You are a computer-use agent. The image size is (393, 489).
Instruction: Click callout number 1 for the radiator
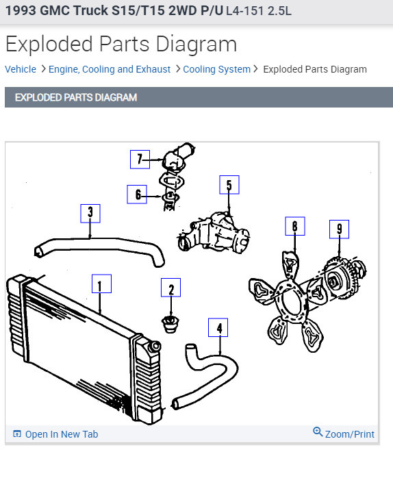[101, 284]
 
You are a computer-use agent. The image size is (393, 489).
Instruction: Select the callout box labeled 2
[170, 288]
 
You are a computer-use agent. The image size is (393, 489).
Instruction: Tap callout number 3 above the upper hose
[90, 213]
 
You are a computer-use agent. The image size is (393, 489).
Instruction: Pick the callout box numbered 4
[219, 329]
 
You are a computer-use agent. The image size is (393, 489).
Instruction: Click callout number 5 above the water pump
[229, 185]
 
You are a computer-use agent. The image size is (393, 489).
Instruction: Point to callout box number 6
[137, 195]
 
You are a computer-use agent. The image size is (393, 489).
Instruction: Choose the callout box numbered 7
[140, 160]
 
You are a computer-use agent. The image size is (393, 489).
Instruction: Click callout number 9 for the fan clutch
[339, 228]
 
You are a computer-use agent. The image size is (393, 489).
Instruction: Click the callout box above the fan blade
[294, 226]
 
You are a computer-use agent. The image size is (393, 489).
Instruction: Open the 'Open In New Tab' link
[61, 434]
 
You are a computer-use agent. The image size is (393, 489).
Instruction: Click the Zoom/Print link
[349, 434]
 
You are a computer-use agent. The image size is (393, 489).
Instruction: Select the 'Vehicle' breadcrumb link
[21, 69]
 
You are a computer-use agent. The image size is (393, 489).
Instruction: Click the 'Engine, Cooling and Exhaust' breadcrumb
[110, 69]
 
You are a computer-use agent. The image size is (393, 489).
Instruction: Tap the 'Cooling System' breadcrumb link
[216, 69]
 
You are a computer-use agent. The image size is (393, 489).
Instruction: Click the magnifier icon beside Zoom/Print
[318, 432]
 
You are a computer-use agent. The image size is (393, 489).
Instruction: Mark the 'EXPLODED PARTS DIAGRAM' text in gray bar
[75, 97]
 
